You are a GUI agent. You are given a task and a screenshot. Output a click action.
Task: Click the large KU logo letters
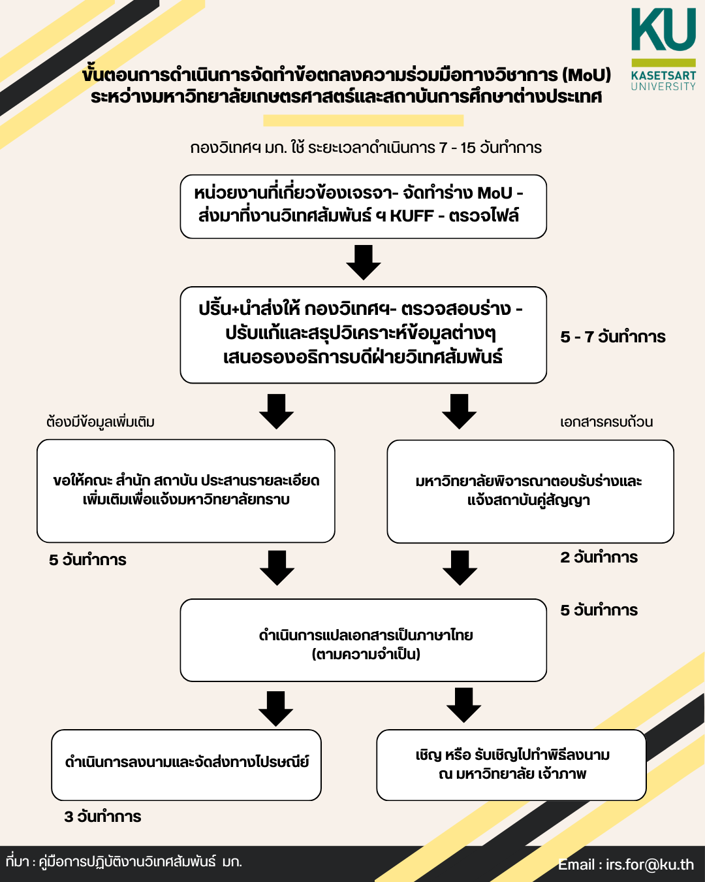click(x=663, y=30)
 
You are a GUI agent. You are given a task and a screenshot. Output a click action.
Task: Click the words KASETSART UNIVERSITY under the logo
click(x=663, y=80)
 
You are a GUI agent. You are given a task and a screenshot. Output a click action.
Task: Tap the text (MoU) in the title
click(x=586, y=74)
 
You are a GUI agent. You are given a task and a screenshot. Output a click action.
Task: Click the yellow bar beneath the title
click(x=363, y=120)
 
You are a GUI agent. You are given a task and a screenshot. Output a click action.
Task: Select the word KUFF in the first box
click(x=412, y=216)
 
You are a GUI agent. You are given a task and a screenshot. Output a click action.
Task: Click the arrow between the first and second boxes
click(x=364, y=262)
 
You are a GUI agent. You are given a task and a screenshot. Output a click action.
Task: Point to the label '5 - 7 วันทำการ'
click(x=613, y=337)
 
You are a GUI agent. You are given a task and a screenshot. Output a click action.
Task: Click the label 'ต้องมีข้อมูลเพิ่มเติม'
click(x=101, y=422)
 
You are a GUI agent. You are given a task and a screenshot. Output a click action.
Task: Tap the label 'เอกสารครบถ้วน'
click(x=606, y=422)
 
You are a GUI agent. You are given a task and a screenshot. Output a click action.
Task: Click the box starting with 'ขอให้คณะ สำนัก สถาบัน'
click(x=186, y=491)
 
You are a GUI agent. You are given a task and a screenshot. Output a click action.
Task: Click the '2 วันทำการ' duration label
click(x=599, y=557)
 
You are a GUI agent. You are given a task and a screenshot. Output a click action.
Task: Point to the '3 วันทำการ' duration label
click(x=102, y=817)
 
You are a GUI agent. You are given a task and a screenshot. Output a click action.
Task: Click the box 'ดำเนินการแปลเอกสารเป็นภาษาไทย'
click(x=364, y=640)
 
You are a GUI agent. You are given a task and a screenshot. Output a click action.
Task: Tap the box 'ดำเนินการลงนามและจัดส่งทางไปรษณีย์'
click(x=187, y=764)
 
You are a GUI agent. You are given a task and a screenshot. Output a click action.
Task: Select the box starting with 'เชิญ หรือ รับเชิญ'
click(x=512, y=764)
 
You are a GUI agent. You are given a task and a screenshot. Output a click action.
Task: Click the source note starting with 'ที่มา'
click(x=124, y=862)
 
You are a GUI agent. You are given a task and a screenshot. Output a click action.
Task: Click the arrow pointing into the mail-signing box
click(x=276, y=708)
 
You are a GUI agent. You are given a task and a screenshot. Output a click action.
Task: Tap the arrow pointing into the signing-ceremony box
click(x=464, y=705)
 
